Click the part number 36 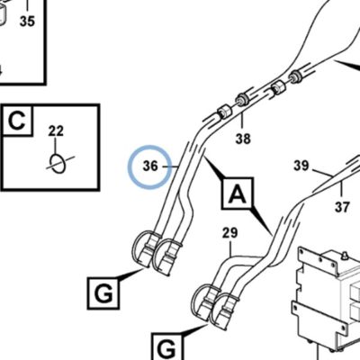(150, 166)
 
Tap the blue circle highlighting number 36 (150, 146)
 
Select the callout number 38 (243, 139)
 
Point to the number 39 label (301, 166)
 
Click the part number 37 (342, 207)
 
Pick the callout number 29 (230, 233)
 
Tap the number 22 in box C (56, 131)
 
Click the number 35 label (27, 22)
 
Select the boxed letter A (238, 193)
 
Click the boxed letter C (17, 121)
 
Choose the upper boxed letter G (103, 293)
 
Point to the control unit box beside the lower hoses (327, 300)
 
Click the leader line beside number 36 (171, 166)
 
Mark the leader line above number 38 (242, 121)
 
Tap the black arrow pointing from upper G (130, 274)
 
